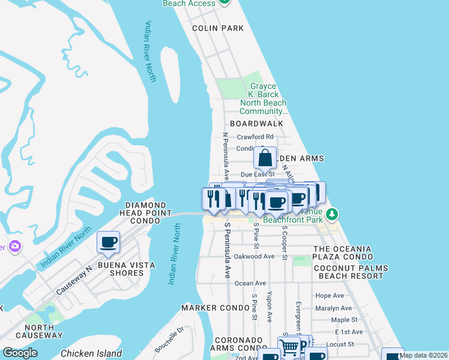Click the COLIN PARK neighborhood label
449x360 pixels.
tap(217, 28)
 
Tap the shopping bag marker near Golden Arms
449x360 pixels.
tap(265, 160)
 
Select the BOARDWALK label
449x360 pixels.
tap(260, 124)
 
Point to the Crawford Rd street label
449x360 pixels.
tap(255, 137)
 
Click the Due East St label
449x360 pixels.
tap(257, 174)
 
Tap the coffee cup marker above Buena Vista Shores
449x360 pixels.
tap(109, 243)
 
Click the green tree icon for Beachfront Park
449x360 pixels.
tap(332, 214)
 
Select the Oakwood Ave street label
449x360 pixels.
tap(255, 256)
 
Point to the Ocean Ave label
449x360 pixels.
tap(250, 283)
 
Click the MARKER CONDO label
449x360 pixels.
tap(215, 308)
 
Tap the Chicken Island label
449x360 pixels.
tap(91, 353)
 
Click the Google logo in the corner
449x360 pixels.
tap(20, 353)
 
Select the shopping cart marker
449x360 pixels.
tap(289, 347)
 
